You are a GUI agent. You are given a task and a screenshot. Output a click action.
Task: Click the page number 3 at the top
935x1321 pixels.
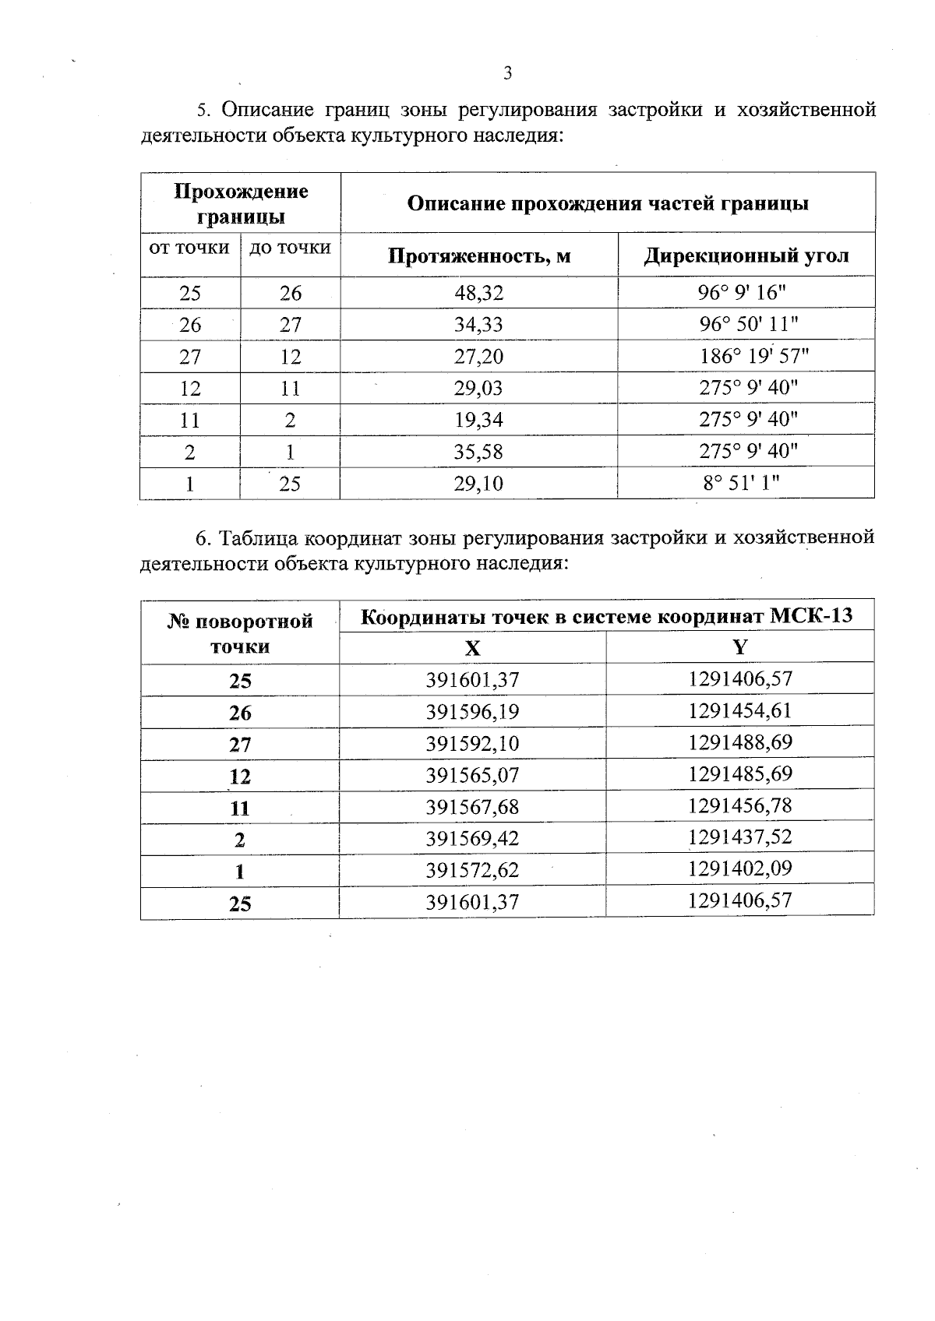tap(507, 74)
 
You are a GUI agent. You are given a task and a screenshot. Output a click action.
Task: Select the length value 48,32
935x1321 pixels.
tap(478, 293)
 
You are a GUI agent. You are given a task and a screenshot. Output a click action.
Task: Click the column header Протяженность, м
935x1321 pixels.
tap(479, 255)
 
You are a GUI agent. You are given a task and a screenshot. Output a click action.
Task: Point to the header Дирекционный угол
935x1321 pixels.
tap(746, 255)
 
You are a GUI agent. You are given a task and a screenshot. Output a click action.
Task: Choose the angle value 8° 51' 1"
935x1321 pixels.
tap(741, 483)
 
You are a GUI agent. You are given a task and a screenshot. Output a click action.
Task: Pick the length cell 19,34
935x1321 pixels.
tap(478, 420)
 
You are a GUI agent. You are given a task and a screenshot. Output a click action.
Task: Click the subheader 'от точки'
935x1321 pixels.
tap(189, 248)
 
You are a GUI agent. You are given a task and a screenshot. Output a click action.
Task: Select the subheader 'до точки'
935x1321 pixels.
tap(290, 248)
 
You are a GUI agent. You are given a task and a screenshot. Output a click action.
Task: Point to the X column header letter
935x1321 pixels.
tap(472, 648)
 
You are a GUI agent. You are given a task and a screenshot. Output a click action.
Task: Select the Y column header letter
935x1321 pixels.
tap(739, 646)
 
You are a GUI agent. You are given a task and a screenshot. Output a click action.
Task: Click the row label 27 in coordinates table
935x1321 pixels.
tap(240, 745)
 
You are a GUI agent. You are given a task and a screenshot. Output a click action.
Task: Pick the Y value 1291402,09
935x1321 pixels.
tap(739, 868)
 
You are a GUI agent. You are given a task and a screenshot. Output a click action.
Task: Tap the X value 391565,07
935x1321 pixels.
tap(472, 775)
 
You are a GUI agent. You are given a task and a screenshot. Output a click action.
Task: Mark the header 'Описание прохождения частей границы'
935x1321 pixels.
tap(608, 203)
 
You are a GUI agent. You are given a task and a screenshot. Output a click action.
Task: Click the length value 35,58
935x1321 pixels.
tap(478, 452)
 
